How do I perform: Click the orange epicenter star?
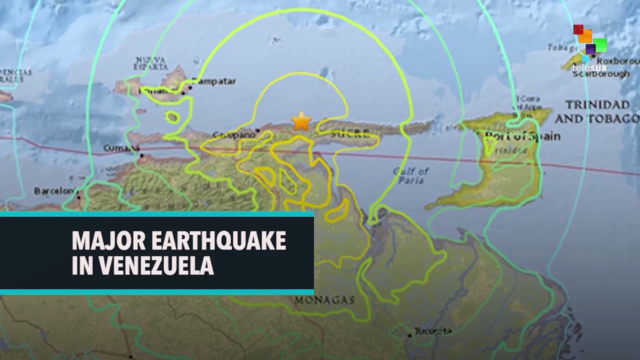click(x=301, y=121)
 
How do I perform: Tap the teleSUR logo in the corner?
click(x=589, y=48)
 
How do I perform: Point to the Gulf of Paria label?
click(x=411, y=175)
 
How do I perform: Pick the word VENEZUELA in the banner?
click(x=156, y=265)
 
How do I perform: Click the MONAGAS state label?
click(x=324, y=300)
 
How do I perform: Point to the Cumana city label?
click(x=121, y=148)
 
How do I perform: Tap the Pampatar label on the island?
click(x=214, y=81)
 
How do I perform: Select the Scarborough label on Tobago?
click(x=604, y=73)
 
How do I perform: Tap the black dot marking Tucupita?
click(x=409, y=335)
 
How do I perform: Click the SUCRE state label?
click(x=350, y=133)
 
